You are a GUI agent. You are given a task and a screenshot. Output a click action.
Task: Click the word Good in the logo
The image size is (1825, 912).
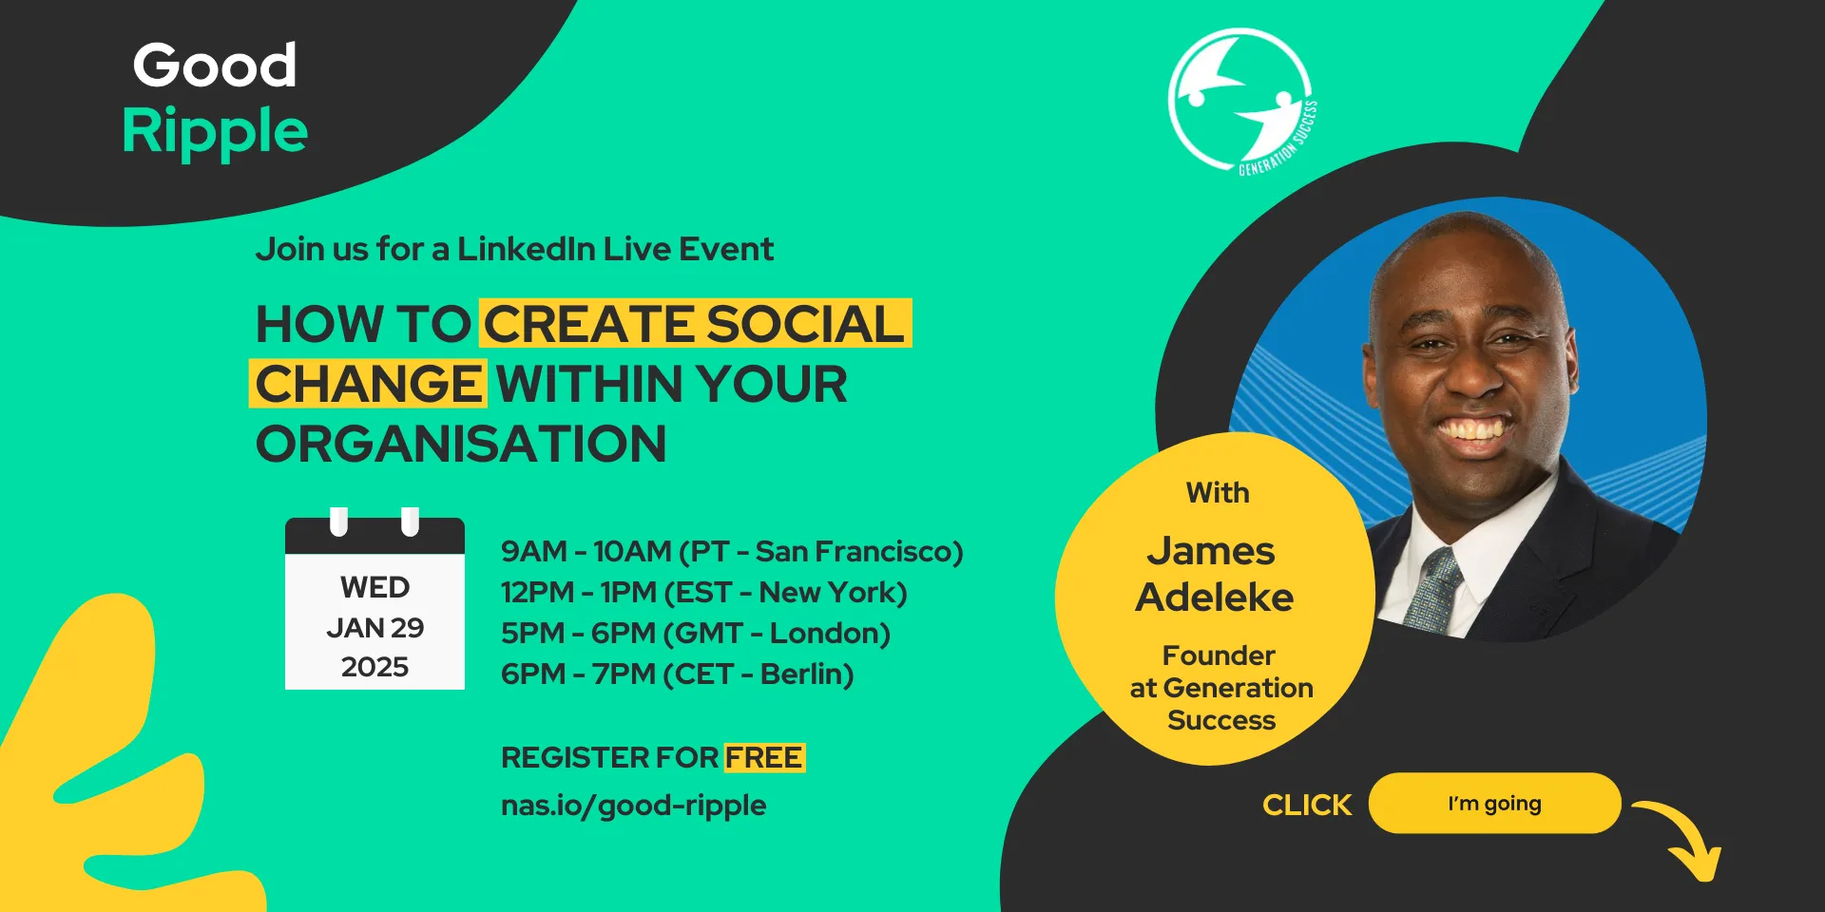pyautogui.click(x=215, y=66)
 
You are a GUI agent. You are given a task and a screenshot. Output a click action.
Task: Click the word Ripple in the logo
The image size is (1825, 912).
pyautogui.click(x=215, y=131)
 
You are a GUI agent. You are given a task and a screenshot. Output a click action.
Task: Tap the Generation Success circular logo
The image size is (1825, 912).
pyautogui.click(x=1239, y=99)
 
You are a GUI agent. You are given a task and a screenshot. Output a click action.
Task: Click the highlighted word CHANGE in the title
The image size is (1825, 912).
pyautogui.click(x=369, y=384)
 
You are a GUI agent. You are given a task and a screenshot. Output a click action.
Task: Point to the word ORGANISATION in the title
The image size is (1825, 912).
pyautogui.click(x=461, y=444)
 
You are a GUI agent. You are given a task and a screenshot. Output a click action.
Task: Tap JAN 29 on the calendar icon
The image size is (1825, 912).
pyautogui.click(x=375, y=628)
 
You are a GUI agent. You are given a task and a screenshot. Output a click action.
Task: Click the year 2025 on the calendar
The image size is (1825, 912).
pyautogui.click(x=375, y=667)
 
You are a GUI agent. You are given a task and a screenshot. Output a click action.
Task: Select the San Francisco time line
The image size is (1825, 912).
pyautogui.click(x=732, y=551)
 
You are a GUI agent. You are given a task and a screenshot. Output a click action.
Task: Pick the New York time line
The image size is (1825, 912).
pyautogui.click(x=703, y=592)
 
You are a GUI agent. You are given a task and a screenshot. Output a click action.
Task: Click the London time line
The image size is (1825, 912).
pyautogui.click(x=695, y=633)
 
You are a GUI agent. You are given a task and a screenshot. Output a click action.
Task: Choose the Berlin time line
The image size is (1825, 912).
pyautogui.click(x=677, y=674)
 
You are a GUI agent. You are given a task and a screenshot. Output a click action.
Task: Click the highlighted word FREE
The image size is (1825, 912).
pyautogui.click(x=763, y=757)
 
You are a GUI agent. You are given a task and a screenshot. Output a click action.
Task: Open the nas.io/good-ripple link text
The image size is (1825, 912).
pyautogui.click(x=633, y=805)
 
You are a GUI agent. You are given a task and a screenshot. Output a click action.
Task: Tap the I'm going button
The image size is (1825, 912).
pyautogui.click(x=1494, y=803)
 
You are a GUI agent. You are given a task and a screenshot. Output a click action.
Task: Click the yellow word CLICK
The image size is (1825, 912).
pyautogui.click(x=1307, y=805)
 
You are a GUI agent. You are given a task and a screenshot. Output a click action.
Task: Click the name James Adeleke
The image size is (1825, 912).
pyautogui.click(x=1214, y=574)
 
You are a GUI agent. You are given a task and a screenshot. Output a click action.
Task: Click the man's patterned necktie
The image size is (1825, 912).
pyautogui.click(x=1435, y=589)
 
